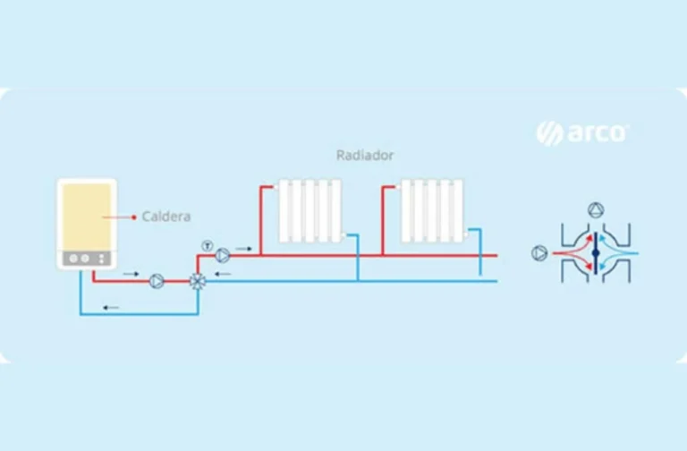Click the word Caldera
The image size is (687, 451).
click(x=166, y=217)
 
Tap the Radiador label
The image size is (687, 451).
click(x=365, y=155)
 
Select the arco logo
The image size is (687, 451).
click(x=582, y=132)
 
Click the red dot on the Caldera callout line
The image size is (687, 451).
click(x=133, y=217)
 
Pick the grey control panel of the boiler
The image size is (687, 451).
click(x=86, y=259)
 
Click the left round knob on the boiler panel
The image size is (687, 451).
click(x=73, y=259)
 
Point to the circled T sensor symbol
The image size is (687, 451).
click(x=208, y=246)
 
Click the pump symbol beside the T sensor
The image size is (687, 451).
click(x=223, y=255)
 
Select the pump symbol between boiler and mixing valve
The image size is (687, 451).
click(x=157, y=281)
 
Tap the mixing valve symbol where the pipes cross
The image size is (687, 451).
click(x=198, y=281)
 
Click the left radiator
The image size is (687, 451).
click(x=310, y=210)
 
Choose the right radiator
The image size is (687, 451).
click(x=432, y=210)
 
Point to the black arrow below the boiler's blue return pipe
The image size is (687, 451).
click(x=111, y=308)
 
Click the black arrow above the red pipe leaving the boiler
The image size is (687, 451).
click(x=131, y=274)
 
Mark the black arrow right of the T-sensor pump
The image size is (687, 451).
click(x=243, y=249)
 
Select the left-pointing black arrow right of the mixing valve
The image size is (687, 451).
click(x=223, y=274)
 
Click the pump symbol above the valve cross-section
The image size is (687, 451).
click(x=596, y=210)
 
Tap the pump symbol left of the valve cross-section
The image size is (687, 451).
click(x=539, y=253)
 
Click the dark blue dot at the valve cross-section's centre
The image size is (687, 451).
click(x=596, y=253)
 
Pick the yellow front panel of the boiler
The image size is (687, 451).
click(x=87, y=217)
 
